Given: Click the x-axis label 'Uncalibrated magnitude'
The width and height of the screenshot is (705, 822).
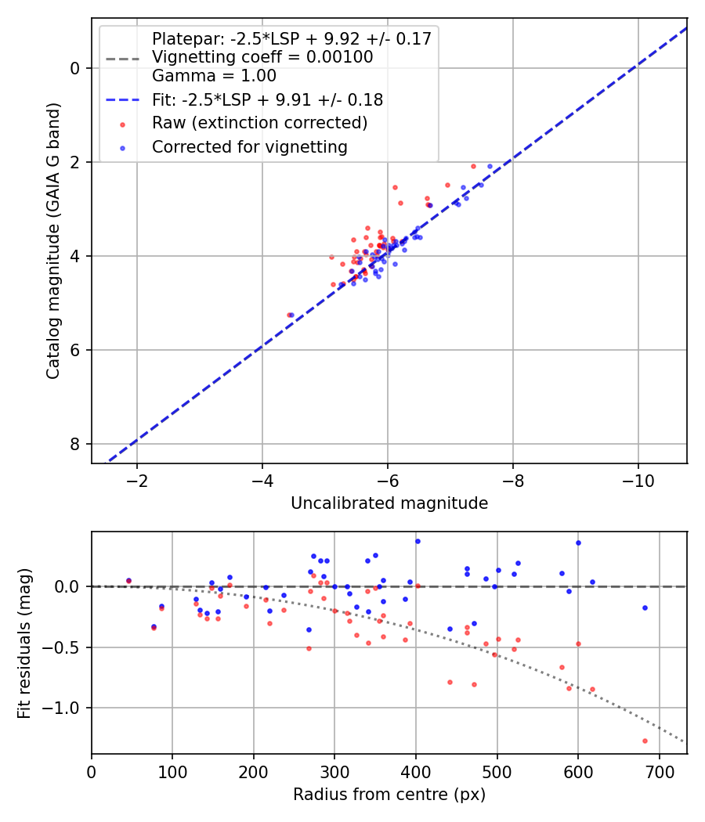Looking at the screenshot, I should [x=389, y=503].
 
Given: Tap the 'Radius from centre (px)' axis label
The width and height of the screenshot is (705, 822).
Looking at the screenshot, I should [x=389, y=795].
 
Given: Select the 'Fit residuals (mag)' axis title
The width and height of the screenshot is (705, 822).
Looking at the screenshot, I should [x=25, y=642].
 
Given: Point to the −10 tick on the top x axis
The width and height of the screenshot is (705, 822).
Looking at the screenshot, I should [x=638, y=479].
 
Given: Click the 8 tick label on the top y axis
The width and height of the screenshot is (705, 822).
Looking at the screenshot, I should [x=75, y=444].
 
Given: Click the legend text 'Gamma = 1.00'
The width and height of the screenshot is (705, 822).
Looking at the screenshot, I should [x=214, y=76].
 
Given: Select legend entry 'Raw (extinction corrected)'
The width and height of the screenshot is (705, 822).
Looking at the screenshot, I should [x=259, y=123].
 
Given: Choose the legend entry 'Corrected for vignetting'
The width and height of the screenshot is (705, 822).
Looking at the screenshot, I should [x=250, y=146].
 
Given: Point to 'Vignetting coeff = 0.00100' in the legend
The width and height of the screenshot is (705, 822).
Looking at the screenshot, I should [x=262, y=57].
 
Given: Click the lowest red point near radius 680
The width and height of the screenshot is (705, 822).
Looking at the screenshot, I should [x=645, y=741].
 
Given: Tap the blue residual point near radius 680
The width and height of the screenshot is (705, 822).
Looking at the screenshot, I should [x=645, y=607].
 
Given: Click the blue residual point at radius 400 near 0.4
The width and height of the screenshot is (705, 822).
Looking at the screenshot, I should [x=418, y=541].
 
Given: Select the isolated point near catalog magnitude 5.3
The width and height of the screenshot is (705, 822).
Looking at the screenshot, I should [x=290, y=315].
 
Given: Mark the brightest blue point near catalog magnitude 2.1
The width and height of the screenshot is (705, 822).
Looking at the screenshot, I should [x=490, y=166].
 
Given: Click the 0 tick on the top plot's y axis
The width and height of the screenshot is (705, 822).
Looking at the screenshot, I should [x=75, y=68].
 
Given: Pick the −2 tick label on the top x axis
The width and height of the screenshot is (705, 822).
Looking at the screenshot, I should [x=137, y=479].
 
